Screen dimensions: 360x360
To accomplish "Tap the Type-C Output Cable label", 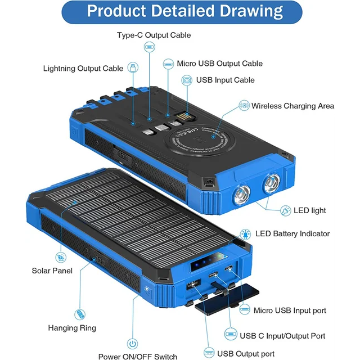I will (154, 35).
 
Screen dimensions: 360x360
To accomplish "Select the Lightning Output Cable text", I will (83, 69).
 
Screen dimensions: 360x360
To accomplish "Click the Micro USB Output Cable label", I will (219, 64).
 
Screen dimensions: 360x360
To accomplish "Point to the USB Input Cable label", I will (225, 80).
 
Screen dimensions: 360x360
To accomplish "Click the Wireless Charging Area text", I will (292, 106).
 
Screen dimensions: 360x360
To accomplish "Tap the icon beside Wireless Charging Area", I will (244, 106).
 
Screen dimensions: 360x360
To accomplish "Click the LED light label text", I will (310, 210).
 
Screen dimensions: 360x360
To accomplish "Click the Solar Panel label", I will (52, 271).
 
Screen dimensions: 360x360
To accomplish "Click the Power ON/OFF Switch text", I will (137, 356).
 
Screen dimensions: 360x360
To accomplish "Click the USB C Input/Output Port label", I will (282, 336).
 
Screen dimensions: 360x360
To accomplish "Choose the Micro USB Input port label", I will (290, 310).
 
